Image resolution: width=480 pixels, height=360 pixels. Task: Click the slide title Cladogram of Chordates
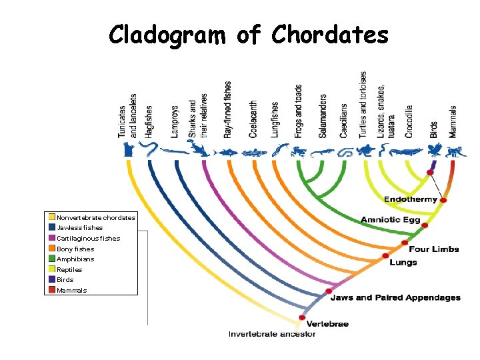pyautogui.click(x=249, y=35)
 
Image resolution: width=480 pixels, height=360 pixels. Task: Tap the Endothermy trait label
pyautogui.click(x=410, y=199)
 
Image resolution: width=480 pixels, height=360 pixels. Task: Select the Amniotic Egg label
pyautogui.click(x=390, y=220)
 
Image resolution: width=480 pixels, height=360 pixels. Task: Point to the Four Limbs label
pyautogui.click(x=433, y=249)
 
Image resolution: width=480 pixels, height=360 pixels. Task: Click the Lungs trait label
pyautogui.click(x=403, y=262)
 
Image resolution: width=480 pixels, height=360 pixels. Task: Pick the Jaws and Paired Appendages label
pyautogui.click(x=396, y=297)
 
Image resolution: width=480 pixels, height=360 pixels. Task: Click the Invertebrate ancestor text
pyautogui.click(x=272, y=334)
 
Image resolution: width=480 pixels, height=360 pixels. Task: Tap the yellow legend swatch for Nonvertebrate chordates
pyautogui.click(x=52, y=217)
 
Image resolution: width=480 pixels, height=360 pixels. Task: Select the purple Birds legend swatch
pyautogui.click(x=52, y=280)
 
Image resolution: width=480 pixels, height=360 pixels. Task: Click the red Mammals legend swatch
pyautogui.click(x=52, y=290)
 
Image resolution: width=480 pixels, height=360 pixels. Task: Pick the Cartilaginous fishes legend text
pyautogui.click(x=89, y=238)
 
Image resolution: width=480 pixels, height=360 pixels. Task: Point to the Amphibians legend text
pyautogui.click(x=75, y=259)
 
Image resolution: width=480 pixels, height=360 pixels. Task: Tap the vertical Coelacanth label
pyautogui.click(x=253, y=119)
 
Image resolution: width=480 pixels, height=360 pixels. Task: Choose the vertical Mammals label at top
pyautogui.click(x=453, y=121)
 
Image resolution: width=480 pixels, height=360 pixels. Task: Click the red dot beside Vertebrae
pyautogui.click(x=301, y=317)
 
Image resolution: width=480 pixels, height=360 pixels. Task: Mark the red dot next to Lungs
pyautogui.click(x=385, y=255)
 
